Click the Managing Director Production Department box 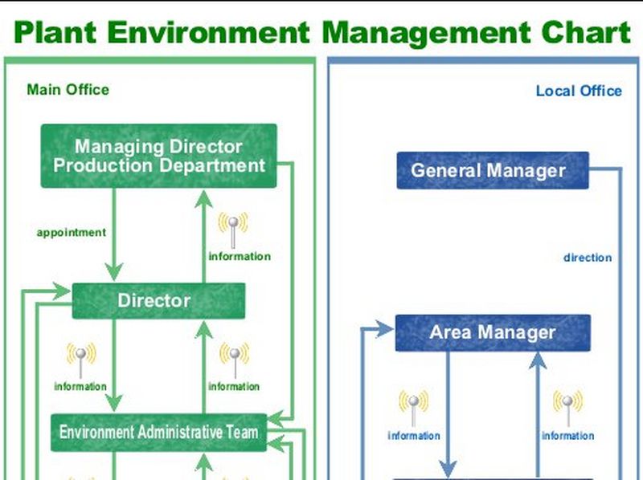pyautogui.click(x=158, y=156)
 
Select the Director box pyautogui.click(x=158, y=301)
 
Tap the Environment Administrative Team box pyautogui.click(x=158, y=432)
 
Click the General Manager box pyautogui.click(x=493, y=170)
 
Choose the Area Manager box pyautogui.click(x=493, y=332)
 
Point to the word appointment pyautogui.click(x=71, y=233)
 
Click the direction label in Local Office pyautogui.click(x=588, y=258)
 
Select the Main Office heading pyautogui.click(x=68, y=89)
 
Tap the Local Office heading pyautogui.click(x=579, y=91)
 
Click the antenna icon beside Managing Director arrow pyautogui.click(x=233, y=229)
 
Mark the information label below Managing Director pyautogui.click(x=240, y=257)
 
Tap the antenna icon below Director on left pyautogui.click(x=80, y=359)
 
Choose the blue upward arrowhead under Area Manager pyautogui.click(x=538, y=360)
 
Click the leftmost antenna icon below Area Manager pyautogui.click(x=413, y=408)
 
